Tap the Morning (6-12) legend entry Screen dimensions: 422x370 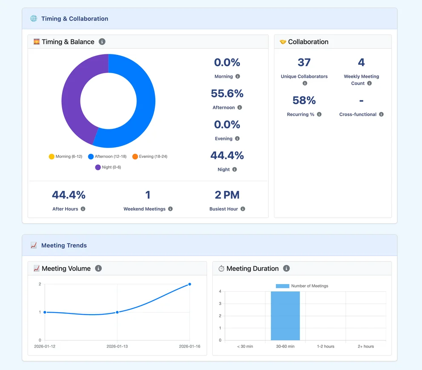pos(66,157)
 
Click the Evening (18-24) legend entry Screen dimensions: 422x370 pos(150,157)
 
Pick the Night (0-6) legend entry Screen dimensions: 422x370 pos(108,167)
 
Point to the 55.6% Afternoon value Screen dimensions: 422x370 pos(227,94)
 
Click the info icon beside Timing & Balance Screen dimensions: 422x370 pos(102,42)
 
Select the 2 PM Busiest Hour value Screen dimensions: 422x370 pos(227,195)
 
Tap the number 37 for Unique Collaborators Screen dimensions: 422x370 pos(304,63)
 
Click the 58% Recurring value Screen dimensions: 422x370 pos(304,100)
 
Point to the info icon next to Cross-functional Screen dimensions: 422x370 pos(381,114)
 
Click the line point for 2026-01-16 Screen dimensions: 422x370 pos(190,284)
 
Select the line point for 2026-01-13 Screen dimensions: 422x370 pos(117,312)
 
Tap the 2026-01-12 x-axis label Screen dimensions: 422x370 pos(45,346)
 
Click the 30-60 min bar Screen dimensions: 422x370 pos(285,316)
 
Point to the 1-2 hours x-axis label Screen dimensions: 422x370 pos(326,346)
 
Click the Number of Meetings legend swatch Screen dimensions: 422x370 pos(282,286)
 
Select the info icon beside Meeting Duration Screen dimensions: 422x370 pos(286,268)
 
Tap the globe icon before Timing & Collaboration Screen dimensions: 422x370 pos(34,18)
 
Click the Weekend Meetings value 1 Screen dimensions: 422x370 pos(148,195)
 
